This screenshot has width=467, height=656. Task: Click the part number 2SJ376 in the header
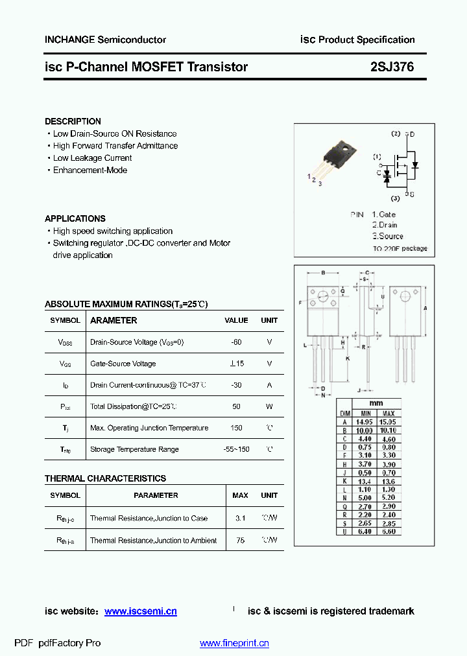tap(392, 67)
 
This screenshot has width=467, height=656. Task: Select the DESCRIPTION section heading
tap(73, 121)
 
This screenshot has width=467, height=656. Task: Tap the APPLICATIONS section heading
tap(75, 218)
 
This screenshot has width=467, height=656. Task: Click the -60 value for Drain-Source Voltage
tap(236, 342)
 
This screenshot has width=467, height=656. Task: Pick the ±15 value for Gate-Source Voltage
tap(236, 364)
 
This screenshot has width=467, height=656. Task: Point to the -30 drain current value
tap(236, 385)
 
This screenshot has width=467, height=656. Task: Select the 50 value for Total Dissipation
tap(236, 406)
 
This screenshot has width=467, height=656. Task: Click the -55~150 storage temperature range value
tap(236, 449)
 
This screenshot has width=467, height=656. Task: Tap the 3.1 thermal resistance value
tap(240, 519)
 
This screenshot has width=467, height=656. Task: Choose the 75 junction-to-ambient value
tap(240, 540)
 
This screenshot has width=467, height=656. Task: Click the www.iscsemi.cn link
tap(141, 611)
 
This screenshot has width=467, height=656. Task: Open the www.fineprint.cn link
tap(234, 643)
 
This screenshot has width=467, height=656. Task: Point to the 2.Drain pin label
tap(385, 225)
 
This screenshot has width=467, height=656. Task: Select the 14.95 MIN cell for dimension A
tap(366, 421)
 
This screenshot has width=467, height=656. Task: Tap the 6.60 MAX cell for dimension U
tap(389, 532)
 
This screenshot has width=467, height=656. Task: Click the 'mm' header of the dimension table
tap(376, 403)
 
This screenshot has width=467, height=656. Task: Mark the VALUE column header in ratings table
tap(236, 320)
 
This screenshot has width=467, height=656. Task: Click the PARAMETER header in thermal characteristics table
tap(156, 495)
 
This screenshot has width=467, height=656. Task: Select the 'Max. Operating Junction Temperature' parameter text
tap(149, 428)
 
